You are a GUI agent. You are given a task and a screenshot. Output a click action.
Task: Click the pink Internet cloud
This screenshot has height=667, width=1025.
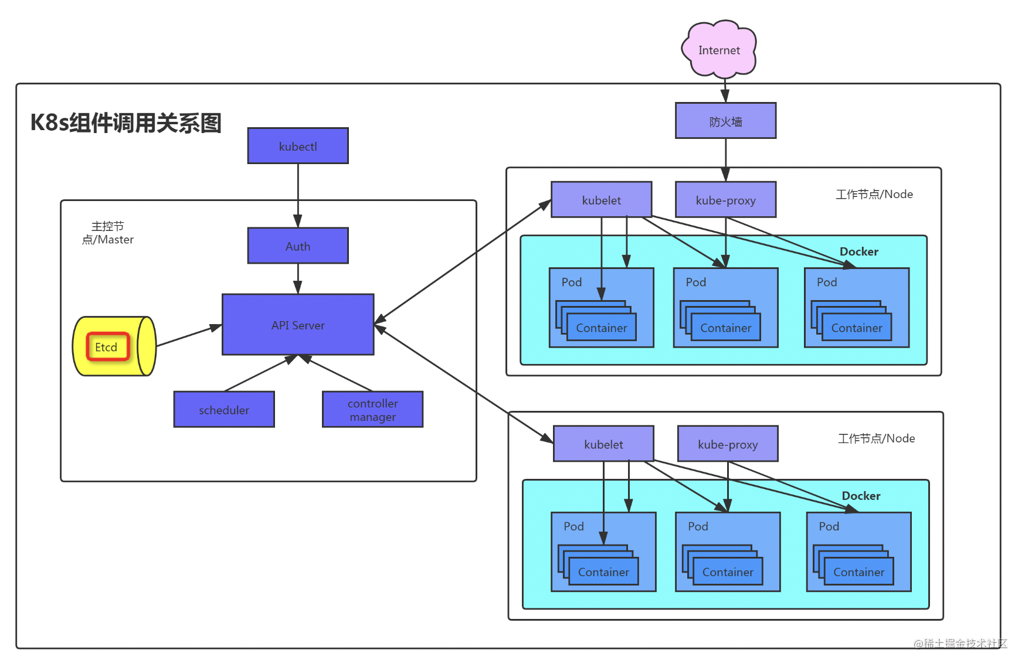pos(719,50)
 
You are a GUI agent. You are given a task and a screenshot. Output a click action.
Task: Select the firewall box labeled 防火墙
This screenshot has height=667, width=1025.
pos(725,121)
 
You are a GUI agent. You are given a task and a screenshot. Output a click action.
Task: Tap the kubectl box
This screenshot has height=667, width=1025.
pos(298,146)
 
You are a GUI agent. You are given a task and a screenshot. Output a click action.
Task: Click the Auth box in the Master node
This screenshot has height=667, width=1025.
pos(298,246)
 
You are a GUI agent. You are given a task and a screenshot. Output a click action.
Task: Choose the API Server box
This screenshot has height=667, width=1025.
pos(298,325)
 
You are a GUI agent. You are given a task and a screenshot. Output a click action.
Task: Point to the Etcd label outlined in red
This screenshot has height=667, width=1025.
pos(107,347)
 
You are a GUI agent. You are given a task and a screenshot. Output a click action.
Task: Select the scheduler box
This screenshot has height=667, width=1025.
pos(224,410)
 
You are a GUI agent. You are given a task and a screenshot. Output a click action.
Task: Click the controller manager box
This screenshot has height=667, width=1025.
pos(372,410)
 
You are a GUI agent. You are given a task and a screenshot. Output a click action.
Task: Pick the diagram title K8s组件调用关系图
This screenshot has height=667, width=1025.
pos(126,123)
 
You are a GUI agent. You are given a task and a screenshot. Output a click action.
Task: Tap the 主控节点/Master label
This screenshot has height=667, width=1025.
pos(108,233)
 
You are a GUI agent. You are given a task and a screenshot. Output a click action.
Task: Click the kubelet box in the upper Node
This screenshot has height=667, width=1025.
pos(601,200)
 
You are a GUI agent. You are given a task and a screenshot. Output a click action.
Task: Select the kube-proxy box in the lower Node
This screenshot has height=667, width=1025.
pos(728,444)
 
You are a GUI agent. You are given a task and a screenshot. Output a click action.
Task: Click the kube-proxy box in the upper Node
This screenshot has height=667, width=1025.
pos(725,200)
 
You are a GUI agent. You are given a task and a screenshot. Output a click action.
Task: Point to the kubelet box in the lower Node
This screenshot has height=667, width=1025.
pos(603,444)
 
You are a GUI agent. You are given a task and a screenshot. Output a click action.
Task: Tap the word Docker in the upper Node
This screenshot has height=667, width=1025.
pos(858,251)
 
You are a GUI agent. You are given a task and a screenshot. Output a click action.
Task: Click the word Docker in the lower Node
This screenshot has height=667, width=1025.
pos(861,496)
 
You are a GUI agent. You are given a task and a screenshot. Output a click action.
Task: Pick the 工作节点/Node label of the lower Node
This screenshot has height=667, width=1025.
pos(876,438)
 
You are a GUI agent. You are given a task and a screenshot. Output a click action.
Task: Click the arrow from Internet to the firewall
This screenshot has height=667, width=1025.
pos(725,91)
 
